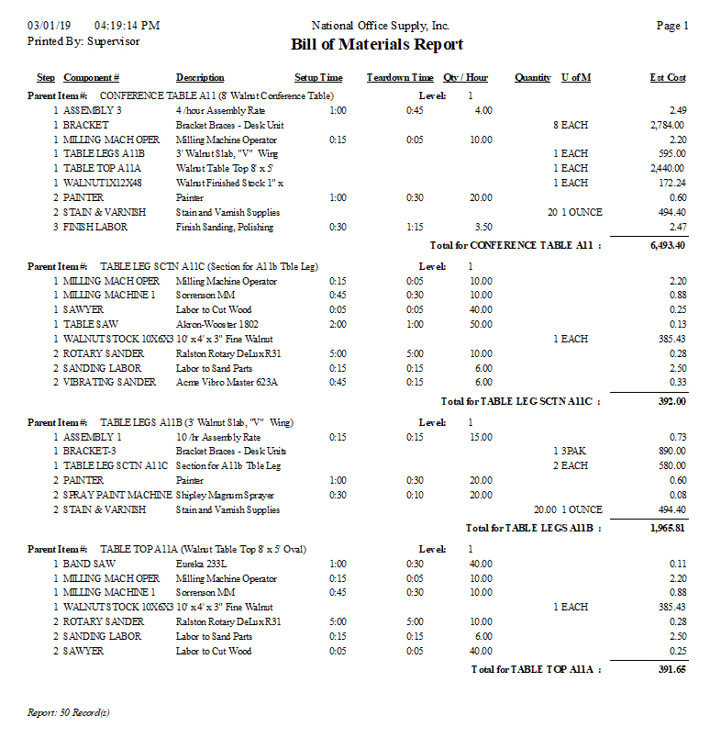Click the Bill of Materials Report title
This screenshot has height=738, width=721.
[377, 45]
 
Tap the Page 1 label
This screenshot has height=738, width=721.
[672, 26]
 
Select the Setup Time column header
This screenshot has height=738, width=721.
[318, 78]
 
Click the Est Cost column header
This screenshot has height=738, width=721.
[668, 78]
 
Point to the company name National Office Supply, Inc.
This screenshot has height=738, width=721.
[381, 26]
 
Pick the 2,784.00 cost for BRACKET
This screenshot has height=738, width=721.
[667, 125]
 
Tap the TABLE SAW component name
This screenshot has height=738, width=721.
[92, 324]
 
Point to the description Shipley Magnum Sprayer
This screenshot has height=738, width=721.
[227, 495]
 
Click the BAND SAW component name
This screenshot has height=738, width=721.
[89, 564]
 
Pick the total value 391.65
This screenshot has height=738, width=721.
[671, 669]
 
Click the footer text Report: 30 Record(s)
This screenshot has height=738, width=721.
[69, 711]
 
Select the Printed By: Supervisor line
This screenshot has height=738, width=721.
[83, 41]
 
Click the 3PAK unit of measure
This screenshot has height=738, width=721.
[574, 452]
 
